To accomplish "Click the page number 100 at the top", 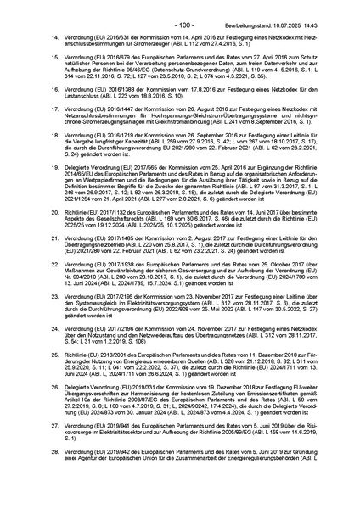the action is point(180,7).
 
